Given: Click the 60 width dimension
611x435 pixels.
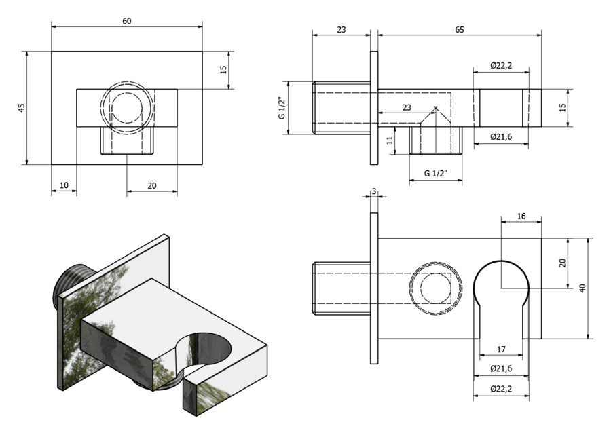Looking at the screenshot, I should (x=127, y=21).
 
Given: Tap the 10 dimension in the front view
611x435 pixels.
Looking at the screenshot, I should (x=64, y=185).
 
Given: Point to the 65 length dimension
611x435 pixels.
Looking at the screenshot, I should (x=460, y=30).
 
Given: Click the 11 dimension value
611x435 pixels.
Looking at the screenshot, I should (x=390, y=140).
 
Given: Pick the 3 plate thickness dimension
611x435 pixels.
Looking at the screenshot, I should (x=374, y=192).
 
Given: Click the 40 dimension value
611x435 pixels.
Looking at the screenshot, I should (x=582, y=288).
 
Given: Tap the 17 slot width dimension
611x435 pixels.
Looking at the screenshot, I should (x=501, y=349).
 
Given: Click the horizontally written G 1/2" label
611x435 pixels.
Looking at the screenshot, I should (x=436, y=173).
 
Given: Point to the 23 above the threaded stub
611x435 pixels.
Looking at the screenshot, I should (x=341, y=30).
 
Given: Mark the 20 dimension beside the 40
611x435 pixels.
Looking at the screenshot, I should (x=562, y=263).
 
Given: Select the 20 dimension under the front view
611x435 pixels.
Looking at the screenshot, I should (x=152, y=185).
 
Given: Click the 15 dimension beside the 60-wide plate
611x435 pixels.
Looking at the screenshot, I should (x=223, y=70).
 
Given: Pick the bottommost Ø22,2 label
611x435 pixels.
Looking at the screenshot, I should (x=501, y=389).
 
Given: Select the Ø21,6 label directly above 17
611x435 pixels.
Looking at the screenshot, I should (x=501, y=368).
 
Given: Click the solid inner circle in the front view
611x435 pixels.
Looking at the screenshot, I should (x=128, y=108).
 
